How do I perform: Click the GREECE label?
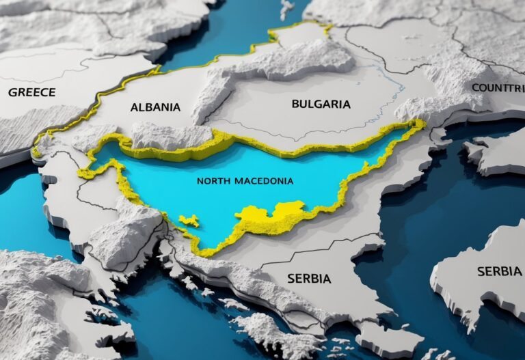pos(31,92)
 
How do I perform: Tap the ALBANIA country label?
pos(155,107)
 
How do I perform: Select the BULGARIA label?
pos(321,105)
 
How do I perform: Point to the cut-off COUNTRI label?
pos(498,88)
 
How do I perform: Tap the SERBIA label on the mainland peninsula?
pos(308,279)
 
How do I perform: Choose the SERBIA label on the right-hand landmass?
pos(499,271)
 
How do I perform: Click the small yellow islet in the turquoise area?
pos(189,221)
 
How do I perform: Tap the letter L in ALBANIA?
pos(141,107)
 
